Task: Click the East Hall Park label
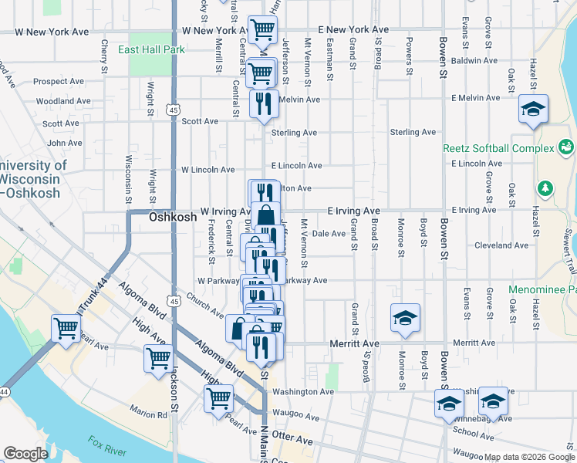coord(151,49)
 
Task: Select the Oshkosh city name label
coord(172,218)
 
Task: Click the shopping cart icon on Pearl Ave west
coord(66,327)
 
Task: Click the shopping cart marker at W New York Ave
coord(263,30)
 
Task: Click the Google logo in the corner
coord(25,454)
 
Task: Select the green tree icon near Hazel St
coord(545,188)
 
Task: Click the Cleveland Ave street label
coord(501,245)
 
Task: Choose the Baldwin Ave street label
coord(475,60)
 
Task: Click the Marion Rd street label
coord(149,414)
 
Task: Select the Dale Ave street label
coord(329,233)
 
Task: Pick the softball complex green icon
coord(566,145)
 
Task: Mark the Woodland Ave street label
coord(55,101)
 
